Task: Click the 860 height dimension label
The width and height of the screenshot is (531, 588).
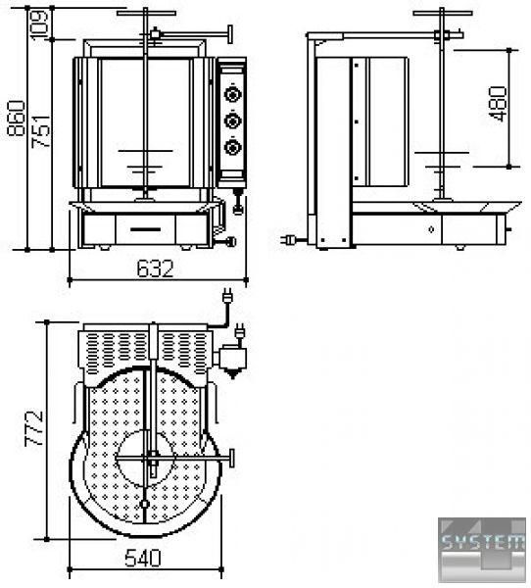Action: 16,119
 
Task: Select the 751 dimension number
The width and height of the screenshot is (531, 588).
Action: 40,131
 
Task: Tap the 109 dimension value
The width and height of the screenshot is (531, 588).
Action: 39,24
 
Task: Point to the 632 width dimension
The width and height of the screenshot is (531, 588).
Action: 155,269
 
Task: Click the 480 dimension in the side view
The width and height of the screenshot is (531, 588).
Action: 499,104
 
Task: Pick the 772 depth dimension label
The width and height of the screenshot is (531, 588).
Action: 33,428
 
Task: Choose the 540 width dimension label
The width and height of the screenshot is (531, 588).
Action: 142,558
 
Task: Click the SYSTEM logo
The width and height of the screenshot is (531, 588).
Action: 482,550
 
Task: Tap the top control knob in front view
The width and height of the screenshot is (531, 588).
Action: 233,94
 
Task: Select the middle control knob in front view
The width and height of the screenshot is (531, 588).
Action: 233,121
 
